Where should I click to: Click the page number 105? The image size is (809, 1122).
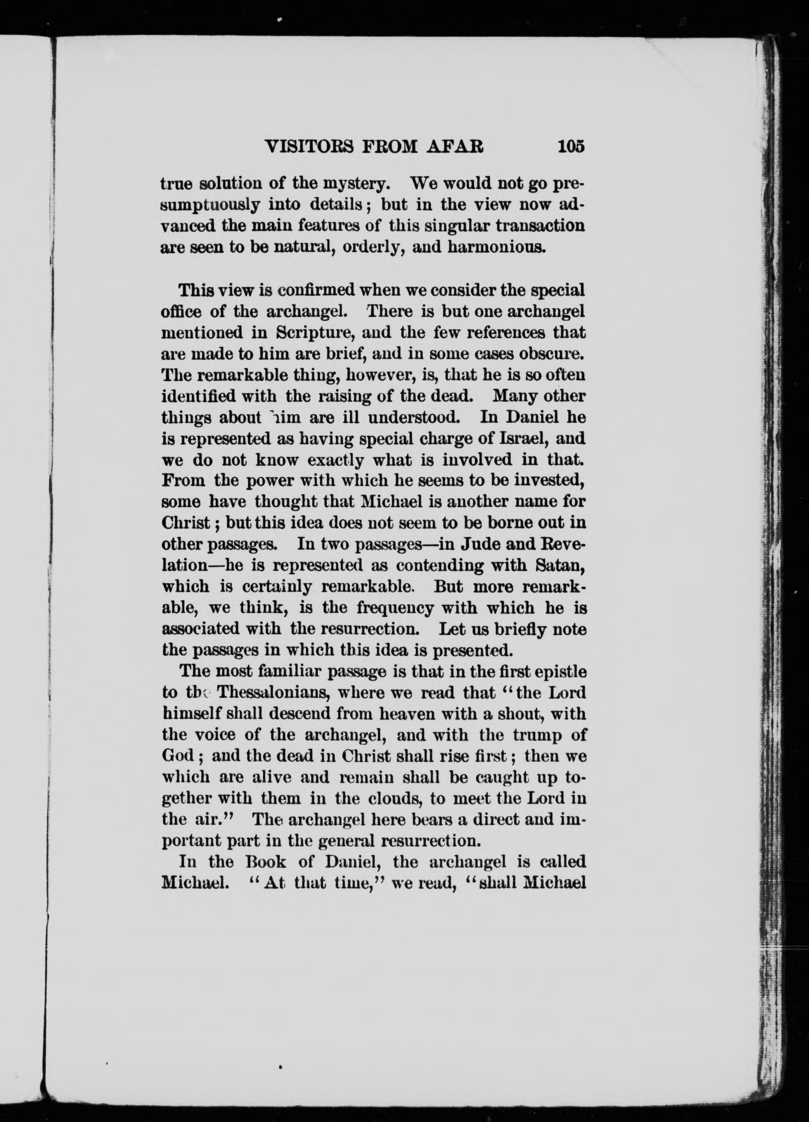click(x=570, y=146)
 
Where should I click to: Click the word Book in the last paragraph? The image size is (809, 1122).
click(x=266, y=862)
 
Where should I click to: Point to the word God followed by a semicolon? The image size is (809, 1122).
click(x=177, y=756)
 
